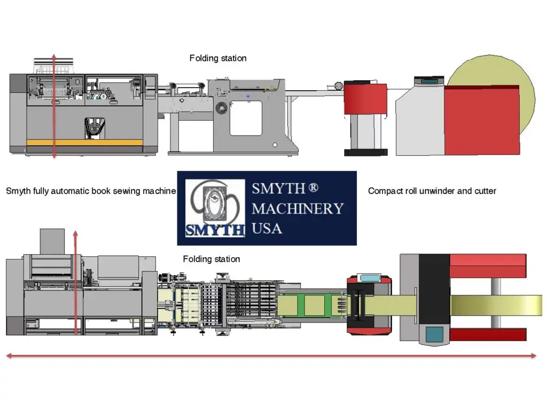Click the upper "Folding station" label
click(x=218, y=58)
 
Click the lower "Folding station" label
click(x=211, y=259)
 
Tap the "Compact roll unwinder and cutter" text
click(x=432, y=191)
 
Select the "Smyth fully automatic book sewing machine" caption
click(x=91, y=191)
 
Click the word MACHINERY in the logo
click(x=298, y=208)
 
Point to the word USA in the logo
click(x=267, y=228)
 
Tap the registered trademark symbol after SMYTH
click(x=314, y=188)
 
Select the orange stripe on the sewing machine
click(x=84, y=143)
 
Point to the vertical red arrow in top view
click(x=75, y=283)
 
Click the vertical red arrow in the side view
click(x=53, y=107)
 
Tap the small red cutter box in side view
click(x=365, y=98)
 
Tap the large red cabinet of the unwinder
click(x=481, y=120)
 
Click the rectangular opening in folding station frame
click(x=246, y=117)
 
